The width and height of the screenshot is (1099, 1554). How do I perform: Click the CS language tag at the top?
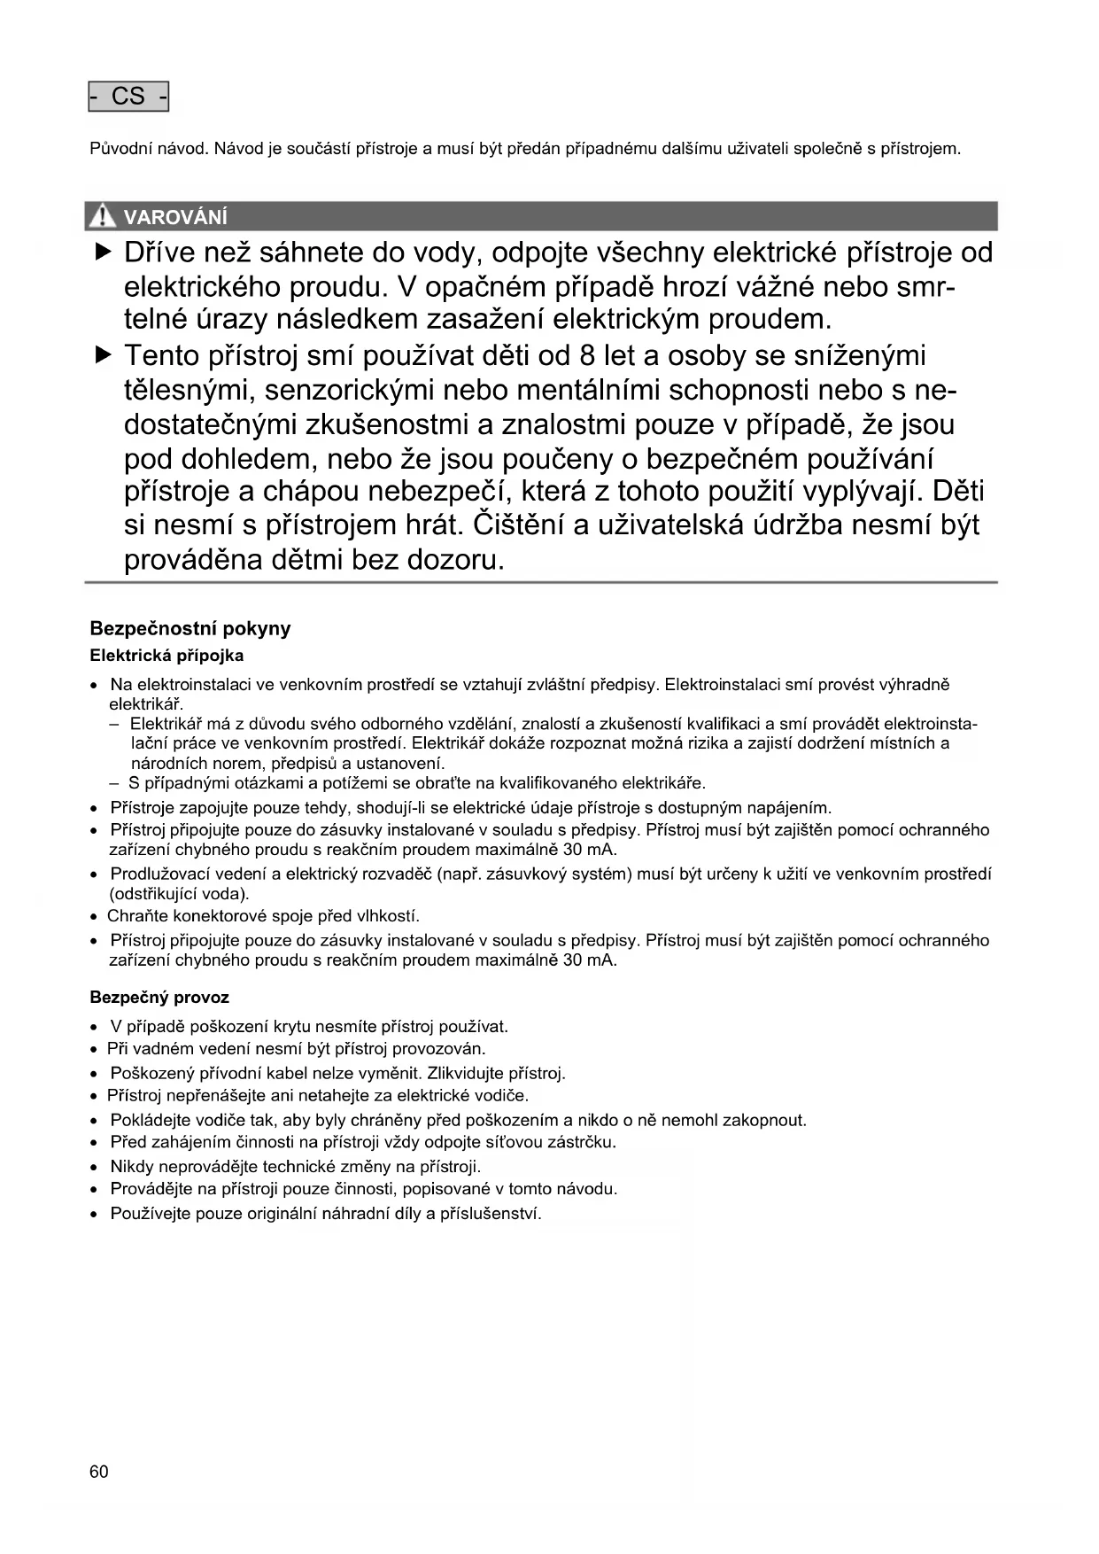pyautogui.click(x=128, y=97)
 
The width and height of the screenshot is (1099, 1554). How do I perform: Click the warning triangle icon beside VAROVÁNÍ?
pyautogui.click(x=104, y=216)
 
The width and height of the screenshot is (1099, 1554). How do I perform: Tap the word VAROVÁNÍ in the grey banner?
pyautogui.click(x=175, y=217)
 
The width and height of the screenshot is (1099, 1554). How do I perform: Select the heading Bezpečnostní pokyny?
pyautogui.click(x=190, y=628)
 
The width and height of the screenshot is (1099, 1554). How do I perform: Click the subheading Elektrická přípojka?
pyautogui.click(x=166, y=656)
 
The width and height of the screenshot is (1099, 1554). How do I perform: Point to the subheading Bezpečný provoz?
pyautogui.click(x=159, y=998)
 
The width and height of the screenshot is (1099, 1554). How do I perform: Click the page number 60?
pyautogui.click(x=99, y=1472)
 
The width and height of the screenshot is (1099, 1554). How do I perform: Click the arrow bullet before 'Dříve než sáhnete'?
pyautogui.click(x=104, y=253)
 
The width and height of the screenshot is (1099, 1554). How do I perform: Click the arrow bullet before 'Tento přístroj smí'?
pyautogui.click(x=104, y=356)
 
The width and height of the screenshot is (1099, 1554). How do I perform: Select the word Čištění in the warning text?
pyautogui.click(x=519, y=525)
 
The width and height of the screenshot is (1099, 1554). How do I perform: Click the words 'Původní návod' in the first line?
pyautogui.click(x=149, y=149)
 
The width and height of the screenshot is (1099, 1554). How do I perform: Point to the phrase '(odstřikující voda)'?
pyautogui.click(x=180, y=893)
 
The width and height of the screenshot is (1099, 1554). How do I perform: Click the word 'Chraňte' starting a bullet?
pyautogui.click(x=137, y=916)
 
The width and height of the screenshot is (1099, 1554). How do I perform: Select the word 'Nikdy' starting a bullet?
pyautogui.click(x=132, y=1166)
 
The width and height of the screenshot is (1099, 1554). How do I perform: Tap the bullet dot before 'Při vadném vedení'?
pyautogui.click(x=94, y=1050)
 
